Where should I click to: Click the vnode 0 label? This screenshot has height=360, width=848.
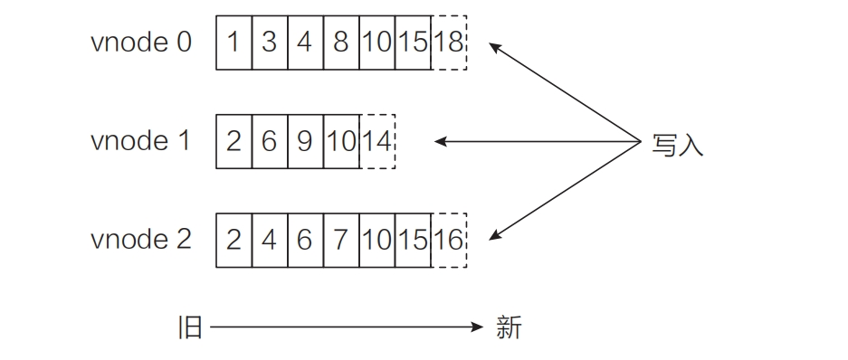tap(141, 43)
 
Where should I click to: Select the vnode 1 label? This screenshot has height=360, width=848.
tap(141, 141)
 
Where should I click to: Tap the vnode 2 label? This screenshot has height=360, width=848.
tap(141, 240)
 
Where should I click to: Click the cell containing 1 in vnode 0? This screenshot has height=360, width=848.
tap(233, 43)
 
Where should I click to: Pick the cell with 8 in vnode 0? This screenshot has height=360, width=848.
tap(341, 43)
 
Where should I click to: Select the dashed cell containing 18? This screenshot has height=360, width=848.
tap(450, 43)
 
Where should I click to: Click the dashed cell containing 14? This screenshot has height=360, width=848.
tap(377, 141)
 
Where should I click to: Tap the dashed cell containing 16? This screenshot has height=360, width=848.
tap(450, 240)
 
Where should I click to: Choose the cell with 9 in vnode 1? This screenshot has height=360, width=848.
tap(306, 141)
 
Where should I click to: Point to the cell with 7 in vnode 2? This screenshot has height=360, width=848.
tap(341, 240)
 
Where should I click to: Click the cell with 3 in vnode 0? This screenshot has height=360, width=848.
tap(270, 43)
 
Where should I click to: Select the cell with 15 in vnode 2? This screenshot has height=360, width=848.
tap(414, 240)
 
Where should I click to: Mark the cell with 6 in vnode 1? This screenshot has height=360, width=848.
tap(270, 141)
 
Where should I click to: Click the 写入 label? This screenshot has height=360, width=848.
tap(677, 144)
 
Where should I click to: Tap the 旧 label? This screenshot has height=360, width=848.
tap(190, 327)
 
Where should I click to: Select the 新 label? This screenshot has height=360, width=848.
tap(509, 327)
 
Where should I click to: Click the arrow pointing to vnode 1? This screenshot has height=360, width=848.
tap(538, 141)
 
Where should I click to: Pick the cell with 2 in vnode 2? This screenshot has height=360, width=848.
tap(233, 240)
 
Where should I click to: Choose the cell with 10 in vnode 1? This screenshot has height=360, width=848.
tap(341, 141)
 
